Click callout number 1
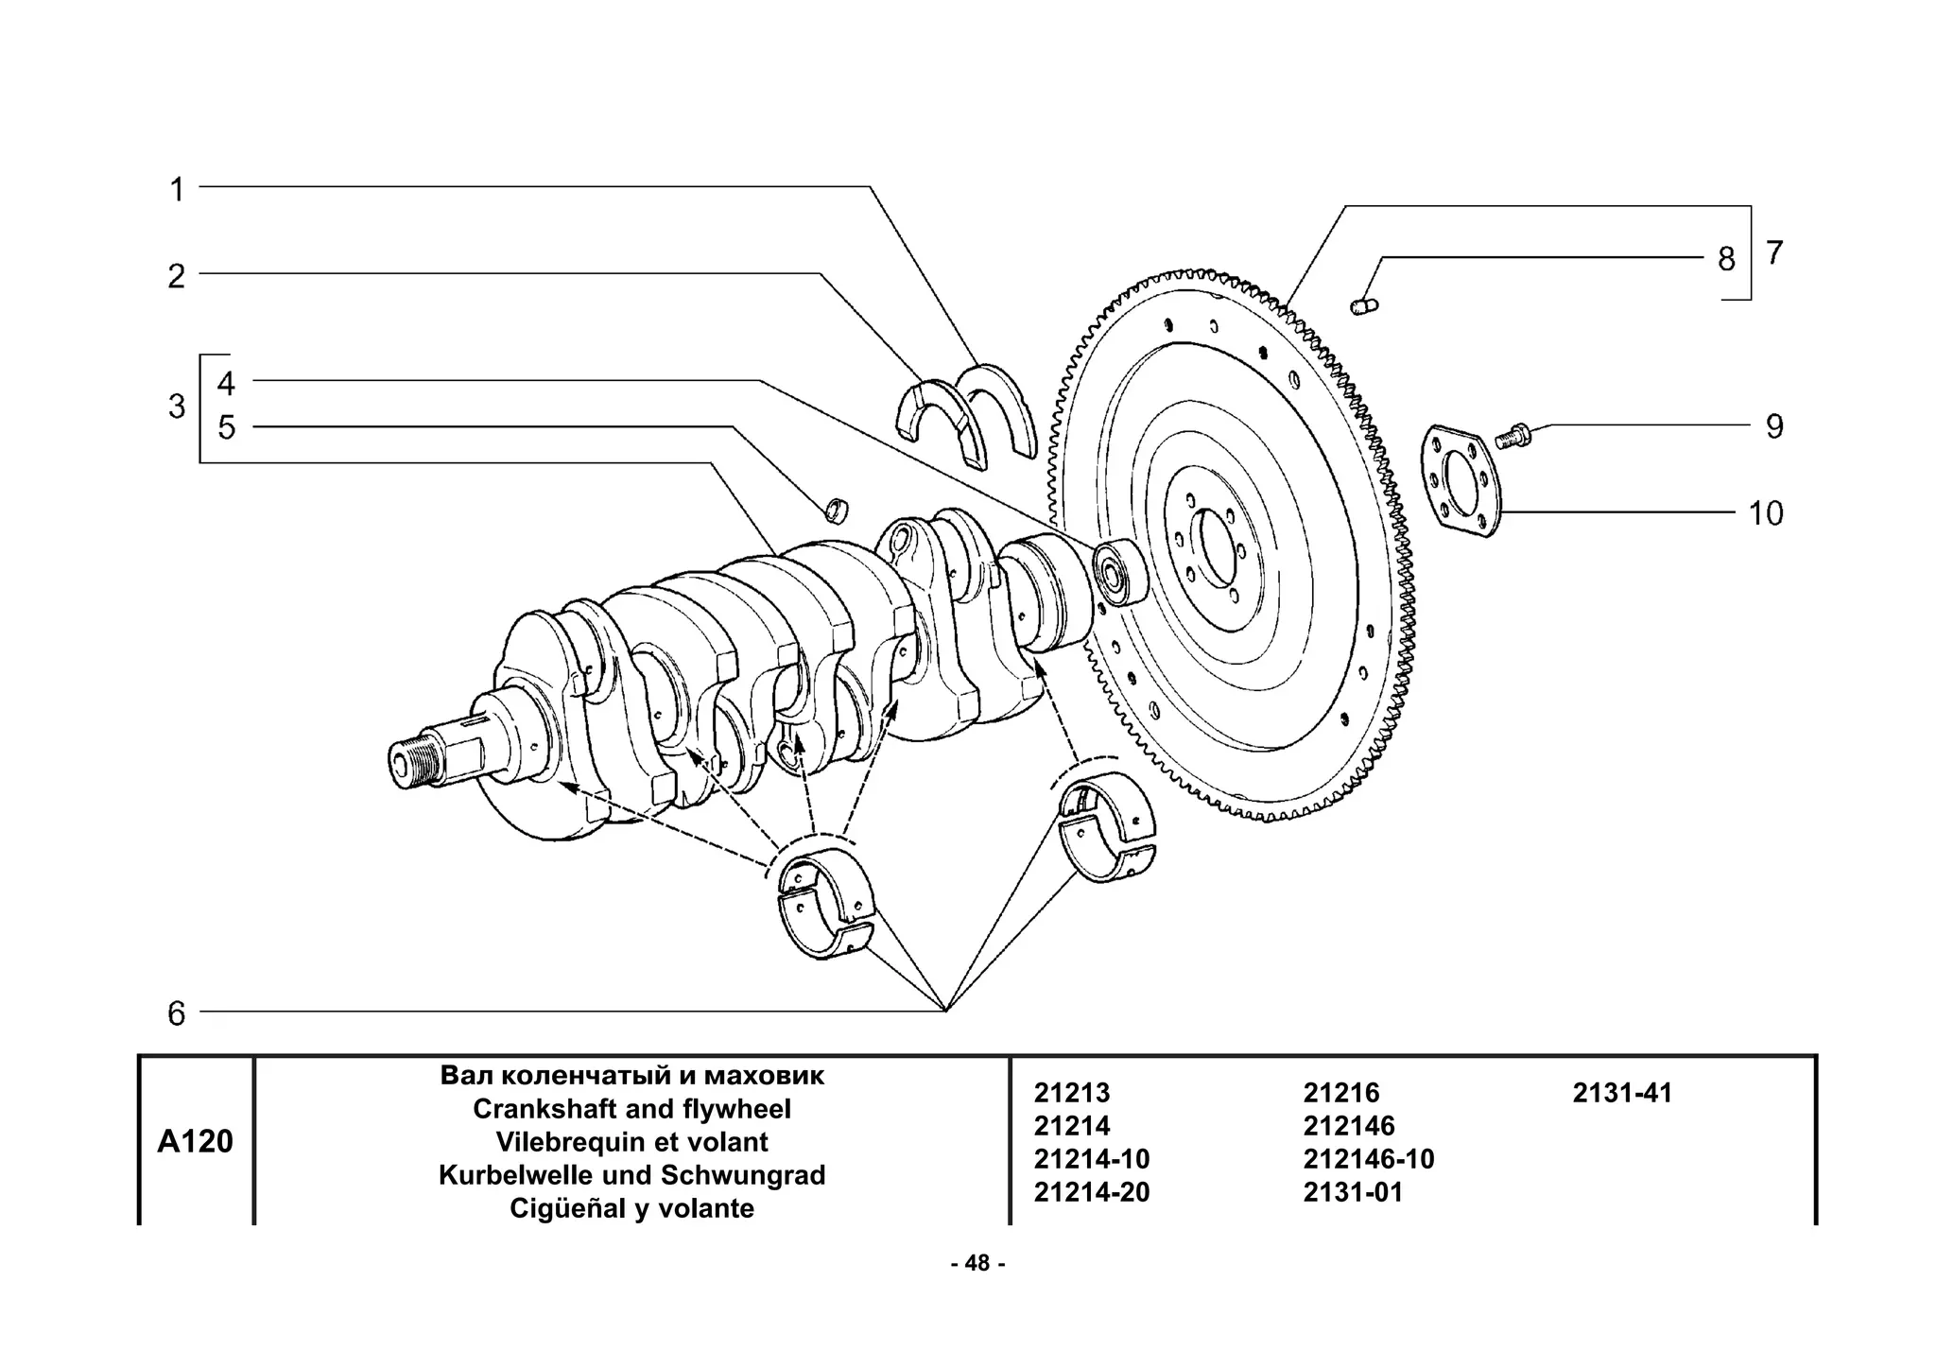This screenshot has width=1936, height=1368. (x=177, y=190)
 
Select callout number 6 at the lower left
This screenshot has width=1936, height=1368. (x=177, y=1013)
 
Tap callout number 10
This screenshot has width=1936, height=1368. (x=1765, y=513)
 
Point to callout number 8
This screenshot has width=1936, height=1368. (x=1726, y=259)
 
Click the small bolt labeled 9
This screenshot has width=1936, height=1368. (x=1512, y=437)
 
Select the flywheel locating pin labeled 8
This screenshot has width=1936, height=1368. (x=1364, y=305)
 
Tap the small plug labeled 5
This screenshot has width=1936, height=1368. (x=837, y=510)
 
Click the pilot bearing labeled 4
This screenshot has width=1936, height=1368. (x=1118, y=571)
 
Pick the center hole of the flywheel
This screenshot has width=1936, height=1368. (x=1212, y=548)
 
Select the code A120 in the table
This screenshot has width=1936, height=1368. (x=195, y=1141)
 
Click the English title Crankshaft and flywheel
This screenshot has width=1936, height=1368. (x=631, y=1108)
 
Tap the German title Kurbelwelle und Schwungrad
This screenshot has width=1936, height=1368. (x=631, y=1175)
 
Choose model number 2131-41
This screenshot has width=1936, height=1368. (x=1622, y=1093)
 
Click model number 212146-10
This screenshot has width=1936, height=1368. (x=1368, y=1159)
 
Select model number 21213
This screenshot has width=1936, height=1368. (x=1072, y=1093)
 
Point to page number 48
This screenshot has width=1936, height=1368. (x=977, y=1263)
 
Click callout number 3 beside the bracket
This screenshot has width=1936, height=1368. (x=177, y=407)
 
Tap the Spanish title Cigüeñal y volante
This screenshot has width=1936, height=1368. (x=631, y=1208)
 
